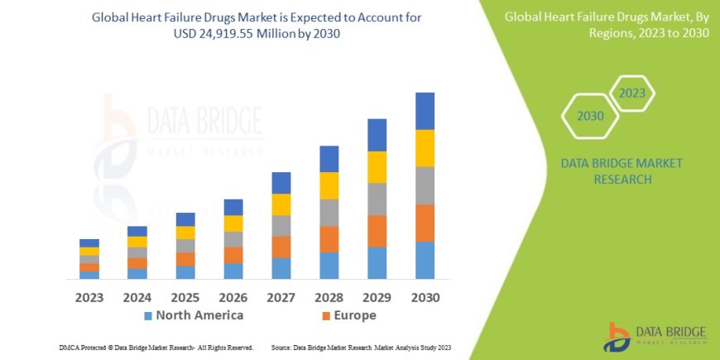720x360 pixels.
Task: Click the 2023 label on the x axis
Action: pyautogui.click(x=89, y=296)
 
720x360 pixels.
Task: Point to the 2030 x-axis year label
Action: pyautogui.click(x=425, y=296)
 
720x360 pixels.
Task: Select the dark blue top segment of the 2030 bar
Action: pyautogui.click(x=425, y=111)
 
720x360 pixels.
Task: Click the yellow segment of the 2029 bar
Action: pyautogui.click(x=377, y=167)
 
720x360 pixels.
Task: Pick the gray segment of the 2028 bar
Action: pyautogui.click(x=329, y=213)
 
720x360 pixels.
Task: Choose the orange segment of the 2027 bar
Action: pyautogui.click(x=281, y=247)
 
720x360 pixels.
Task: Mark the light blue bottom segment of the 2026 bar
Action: pyautogui.click(x=233, y=271)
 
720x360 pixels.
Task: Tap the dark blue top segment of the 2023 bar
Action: pyautogui.click(x=89, y=242)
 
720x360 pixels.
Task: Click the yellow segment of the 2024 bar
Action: pyautogui.click(x=137, y=242)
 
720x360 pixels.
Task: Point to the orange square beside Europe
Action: pyautogui.click(x=326, y=316)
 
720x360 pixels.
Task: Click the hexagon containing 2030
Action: pyautogui.click(x=590, y=117)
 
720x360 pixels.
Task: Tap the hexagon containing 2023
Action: pyautogui.click(x=631, y=93)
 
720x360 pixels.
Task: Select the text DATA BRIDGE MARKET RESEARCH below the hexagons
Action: pyautogui.click(x=622, y=170)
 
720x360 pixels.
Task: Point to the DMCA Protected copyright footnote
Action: pyautogui.click(x=156, y=347)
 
